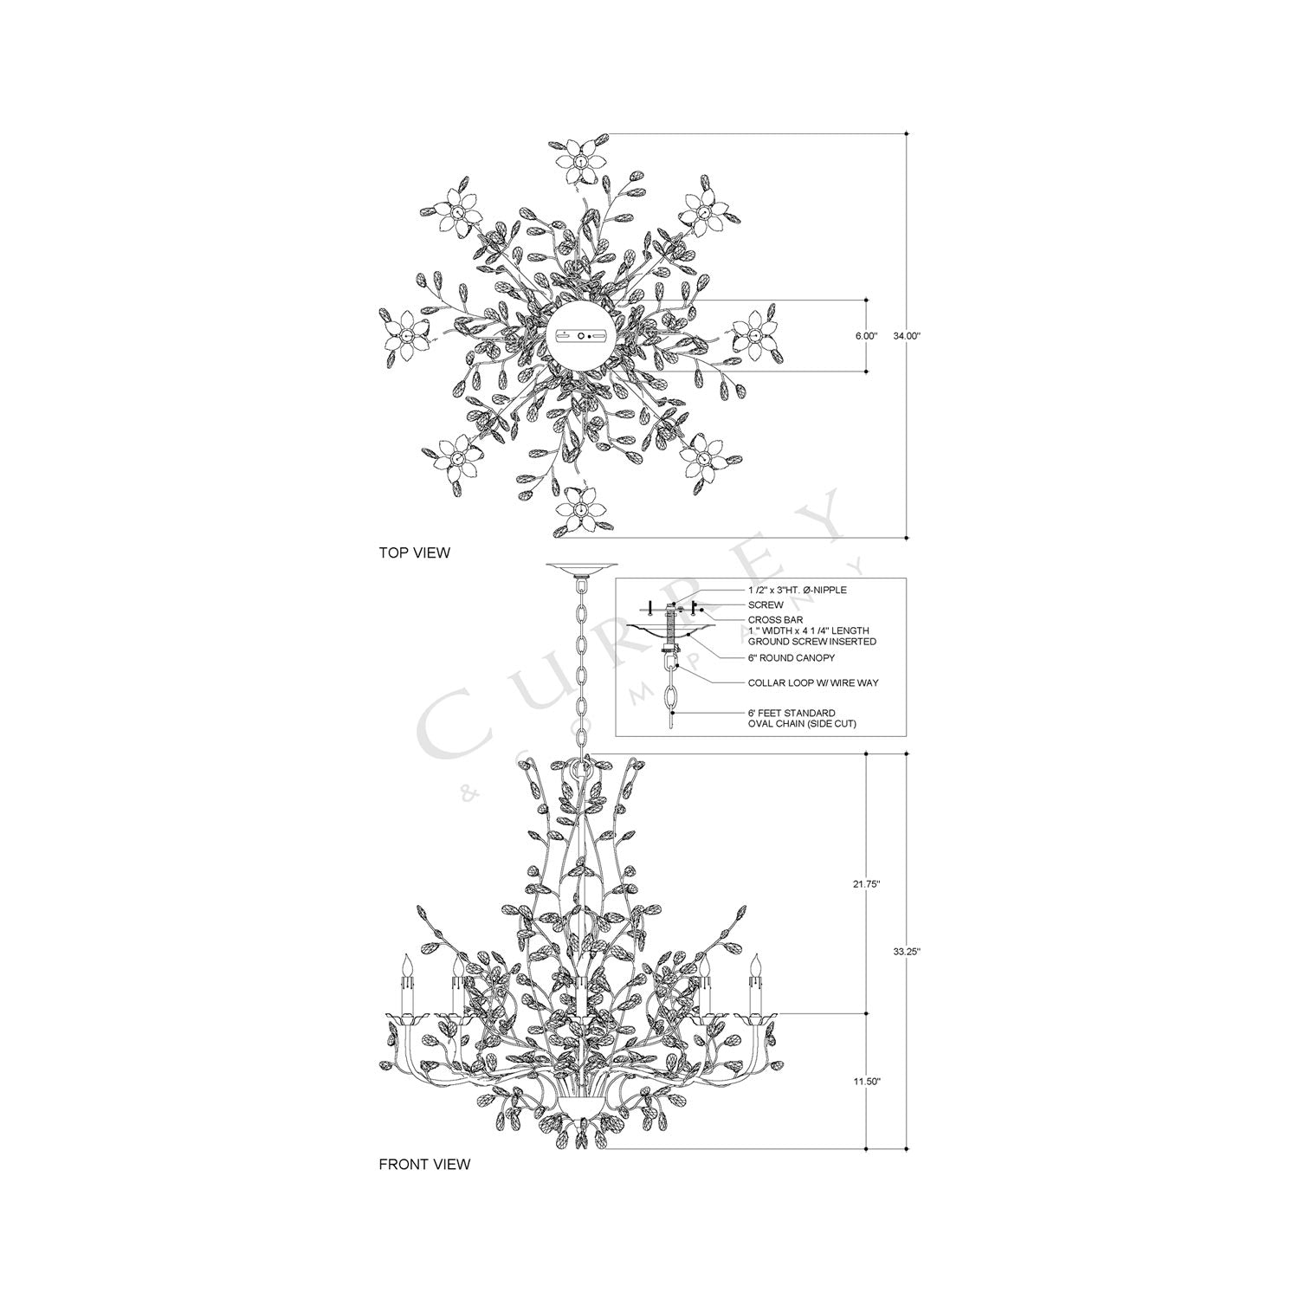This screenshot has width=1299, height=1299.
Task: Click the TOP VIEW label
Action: click(414, 553)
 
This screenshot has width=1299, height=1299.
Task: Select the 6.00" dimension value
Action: click(866, 335)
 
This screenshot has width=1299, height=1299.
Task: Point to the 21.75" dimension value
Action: click(866, 884)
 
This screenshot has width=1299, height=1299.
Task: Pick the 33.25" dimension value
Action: click(907, 951)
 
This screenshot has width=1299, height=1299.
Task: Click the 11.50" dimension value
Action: click(866, 1082)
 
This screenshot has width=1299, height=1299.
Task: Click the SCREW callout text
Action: click(766, 605)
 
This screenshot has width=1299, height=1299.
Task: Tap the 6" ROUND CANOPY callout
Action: click(792, 658)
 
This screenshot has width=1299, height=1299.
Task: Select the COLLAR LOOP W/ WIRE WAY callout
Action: click(813, 683)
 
